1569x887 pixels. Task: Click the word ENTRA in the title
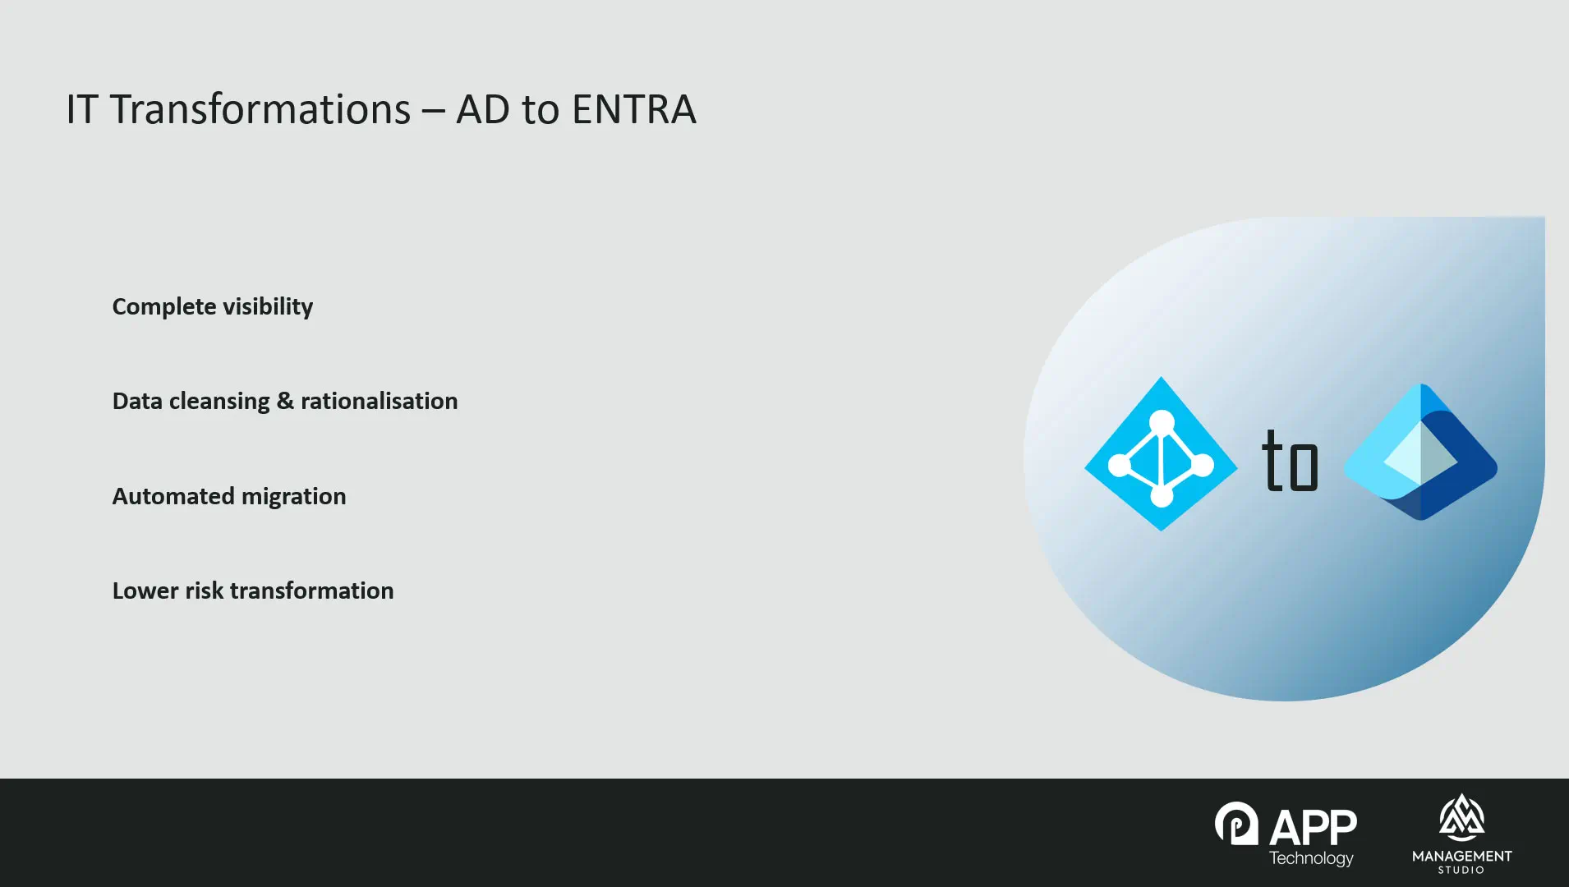point(633,109)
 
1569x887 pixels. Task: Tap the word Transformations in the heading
point(260,109)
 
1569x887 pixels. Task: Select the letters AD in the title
point(483,109)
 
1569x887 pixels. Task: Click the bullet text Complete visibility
point(213,306)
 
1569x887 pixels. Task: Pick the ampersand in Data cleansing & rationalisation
point(285,401)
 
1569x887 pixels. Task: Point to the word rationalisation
point(380,401)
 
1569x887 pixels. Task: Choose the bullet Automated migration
point(229,496)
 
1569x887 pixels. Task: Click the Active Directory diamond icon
point(1161,454)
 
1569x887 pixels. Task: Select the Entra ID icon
point(1420,452)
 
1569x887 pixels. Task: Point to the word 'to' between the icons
point(1290,460)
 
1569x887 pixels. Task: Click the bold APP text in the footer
point(1313,827)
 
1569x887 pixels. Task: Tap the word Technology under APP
point(1311,858)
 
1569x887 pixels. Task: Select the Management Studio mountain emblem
point(1461,817)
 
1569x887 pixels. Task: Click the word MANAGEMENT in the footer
point(1462,856)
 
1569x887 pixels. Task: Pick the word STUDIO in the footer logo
point(1461,870)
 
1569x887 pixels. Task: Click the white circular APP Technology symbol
point(1236,823)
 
